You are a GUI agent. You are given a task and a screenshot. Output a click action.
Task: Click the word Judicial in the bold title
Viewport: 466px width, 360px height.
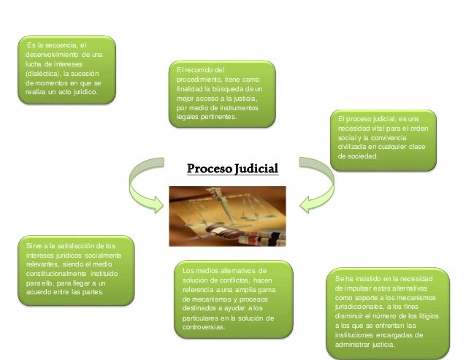256,170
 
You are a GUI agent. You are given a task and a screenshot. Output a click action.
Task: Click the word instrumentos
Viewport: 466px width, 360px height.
247,107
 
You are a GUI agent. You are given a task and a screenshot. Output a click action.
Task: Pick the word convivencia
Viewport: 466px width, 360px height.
387,138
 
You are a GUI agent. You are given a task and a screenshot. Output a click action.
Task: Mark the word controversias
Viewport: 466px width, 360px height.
205,328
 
